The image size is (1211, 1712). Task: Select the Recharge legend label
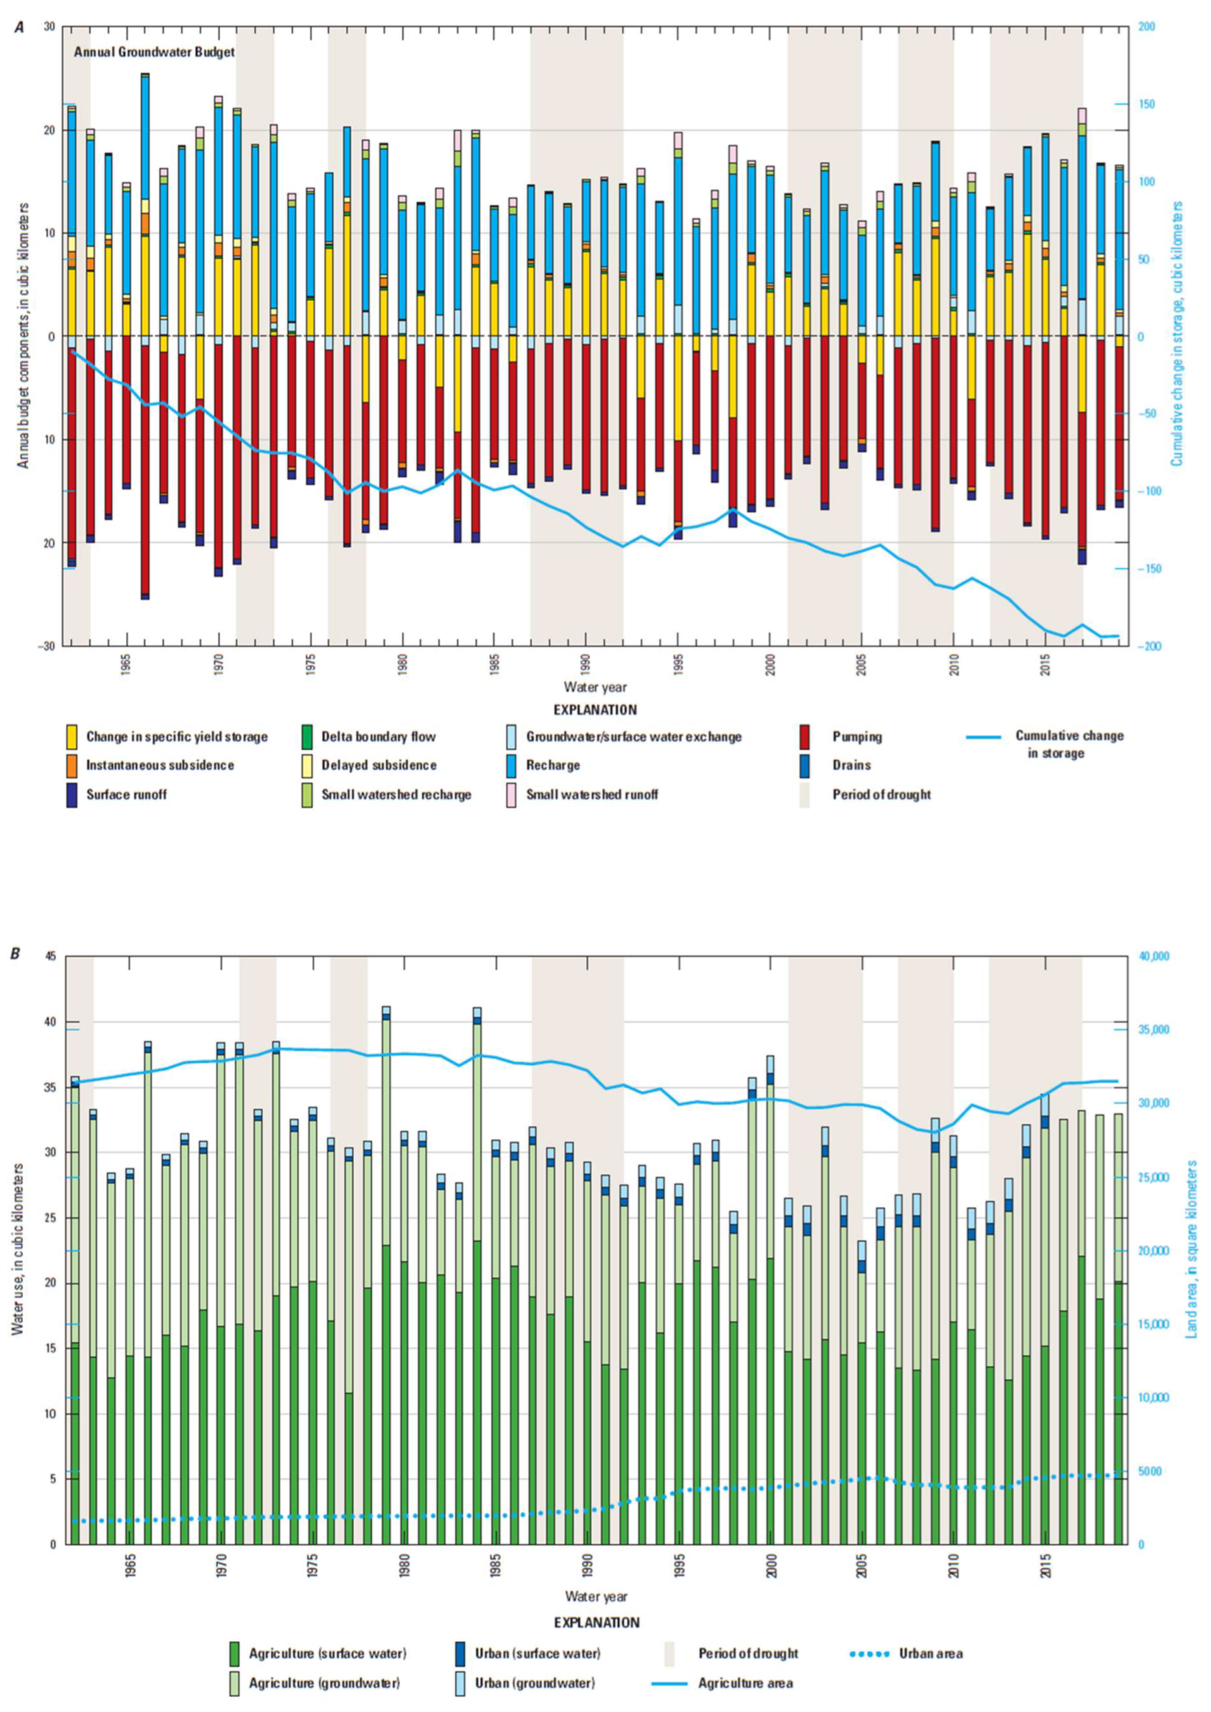553,765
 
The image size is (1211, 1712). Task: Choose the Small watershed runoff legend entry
592,794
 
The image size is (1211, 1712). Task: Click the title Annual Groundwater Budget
154,52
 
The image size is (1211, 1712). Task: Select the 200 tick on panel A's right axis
1147,27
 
